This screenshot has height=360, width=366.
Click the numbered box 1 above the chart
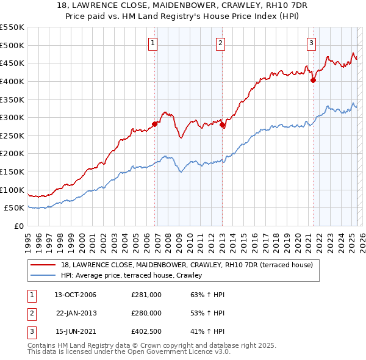tap(152, 43)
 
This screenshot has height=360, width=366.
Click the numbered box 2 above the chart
tap(220, 43)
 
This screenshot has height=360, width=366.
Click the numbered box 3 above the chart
tap(311, 43)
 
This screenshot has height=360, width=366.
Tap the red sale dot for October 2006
tap(155, 124)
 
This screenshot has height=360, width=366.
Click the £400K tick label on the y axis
tap(12, 81)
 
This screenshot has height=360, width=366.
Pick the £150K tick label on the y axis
tap(12, 171)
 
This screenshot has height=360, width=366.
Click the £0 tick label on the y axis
tap(18, 226)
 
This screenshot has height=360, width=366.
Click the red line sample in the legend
tap(43, 265)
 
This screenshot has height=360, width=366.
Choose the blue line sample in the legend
tap(43, 276)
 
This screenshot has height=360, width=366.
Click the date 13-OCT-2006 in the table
tap(75, 295)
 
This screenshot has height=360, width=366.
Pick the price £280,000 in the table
tap(146, 313)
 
